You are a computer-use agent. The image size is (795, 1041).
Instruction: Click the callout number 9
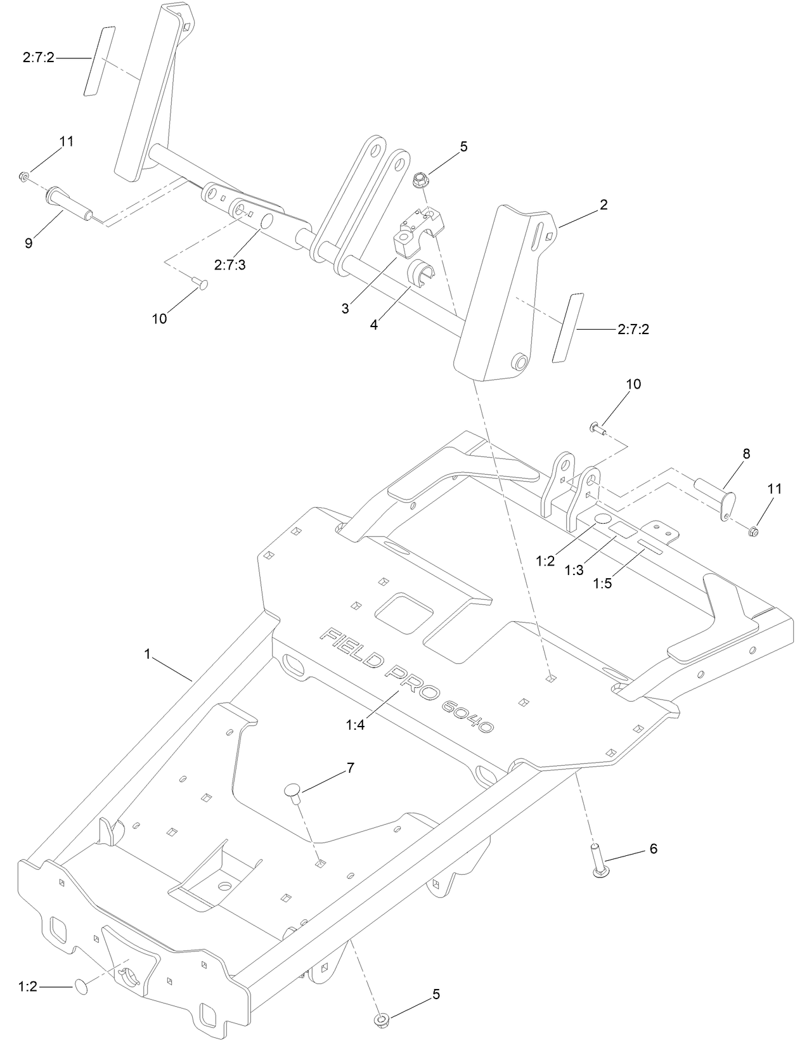point(29,243)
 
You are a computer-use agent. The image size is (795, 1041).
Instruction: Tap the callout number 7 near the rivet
point(350,768)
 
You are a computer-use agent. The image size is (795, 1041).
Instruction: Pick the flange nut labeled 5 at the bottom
point(383,1019)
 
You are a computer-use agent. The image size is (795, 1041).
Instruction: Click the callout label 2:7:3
point(229,265)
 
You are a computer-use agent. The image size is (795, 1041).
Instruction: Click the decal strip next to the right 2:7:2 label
point(567,327)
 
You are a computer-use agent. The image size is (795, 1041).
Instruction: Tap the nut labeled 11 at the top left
point(23,177)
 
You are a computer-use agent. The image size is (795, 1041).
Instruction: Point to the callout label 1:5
point(602,584)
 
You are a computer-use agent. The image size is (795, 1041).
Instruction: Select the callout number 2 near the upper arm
point(603,204)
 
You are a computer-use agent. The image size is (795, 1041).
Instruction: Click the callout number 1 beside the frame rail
point(147,654)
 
